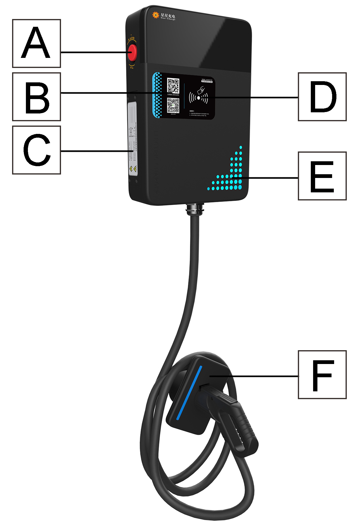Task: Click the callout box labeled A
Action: [x=37, y=43]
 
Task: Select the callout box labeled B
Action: [x=37, y=97]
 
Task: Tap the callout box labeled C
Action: [x=37, y=150]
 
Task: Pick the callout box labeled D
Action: [x=322, y=97]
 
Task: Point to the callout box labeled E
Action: [x=322, y=176]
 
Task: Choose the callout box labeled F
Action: [x=322, y=375]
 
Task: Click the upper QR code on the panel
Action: [x=173, y=86]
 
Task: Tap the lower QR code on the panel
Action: [x=173, y=106]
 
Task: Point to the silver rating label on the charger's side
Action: [x=133, y=138]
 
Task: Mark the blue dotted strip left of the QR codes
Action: [x=157, y=95]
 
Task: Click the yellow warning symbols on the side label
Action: [x=133, y=169]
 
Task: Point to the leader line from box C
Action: [x=95, y=151]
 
